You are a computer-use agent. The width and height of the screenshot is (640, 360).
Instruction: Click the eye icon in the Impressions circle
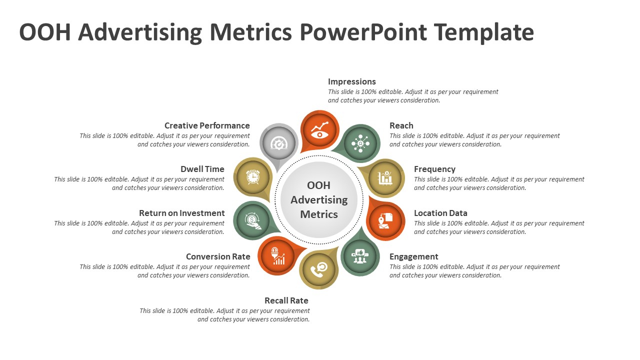pos(319,129)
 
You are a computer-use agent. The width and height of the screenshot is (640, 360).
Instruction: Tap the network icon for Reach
pos(360,143)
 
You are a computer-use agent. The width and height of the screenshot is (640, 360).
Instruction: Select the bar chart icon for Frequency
pos(385,178)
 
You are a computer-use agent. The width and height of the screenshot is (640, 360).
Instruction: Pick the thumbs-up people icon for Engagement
pos(360,256)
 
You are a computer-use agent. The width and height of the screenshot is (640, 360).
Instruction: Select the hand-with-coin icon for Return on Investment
pos(253,221)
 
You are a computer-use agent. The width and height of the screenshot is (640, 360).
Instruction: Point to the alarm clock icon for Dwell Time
pos(253,177)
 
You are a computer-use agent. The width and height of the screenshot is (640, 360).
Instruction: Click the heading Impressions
pos(351,81)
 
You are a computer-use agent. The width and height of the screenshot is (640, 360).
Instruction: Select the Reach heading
pos(401,125)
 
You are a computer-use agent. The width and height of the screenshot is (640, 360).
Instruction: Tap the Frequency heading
pos(434,169)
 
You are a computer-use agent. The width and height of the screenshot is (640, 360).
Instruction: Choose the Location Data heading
pos(440,213)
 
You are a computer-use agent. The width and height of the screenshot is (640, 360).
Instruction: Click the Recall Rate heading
pos(286,300)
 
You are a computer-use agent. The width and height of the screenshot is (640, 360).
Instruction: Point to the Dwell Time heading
pos(202,169)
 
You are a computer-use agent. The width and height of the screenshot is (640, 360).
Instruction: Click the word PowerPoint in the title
pos(363,32)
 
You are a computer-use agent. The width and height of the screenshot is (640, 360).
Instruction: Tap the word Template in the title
pos(483,33)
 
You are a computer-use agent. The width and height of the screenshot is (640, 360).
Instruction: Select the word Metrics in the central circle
pos(319,214)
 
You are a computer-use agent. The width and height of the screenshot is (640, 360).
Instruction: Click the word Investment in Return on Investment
pos(201,213)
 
